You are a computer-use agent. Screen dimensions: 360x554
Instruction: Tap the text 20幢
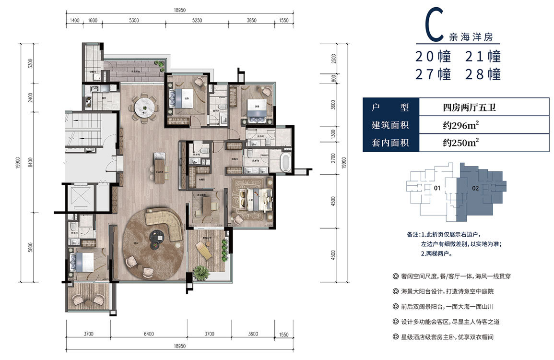[434, 57]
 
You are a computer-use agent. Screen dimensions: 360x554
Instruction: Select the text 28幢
[483, 74]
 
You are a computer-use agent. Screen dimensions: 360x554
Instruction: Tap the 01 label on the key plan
[437, 189]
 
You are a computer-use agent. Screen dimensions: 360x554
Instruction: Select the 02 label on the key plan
[475, 189]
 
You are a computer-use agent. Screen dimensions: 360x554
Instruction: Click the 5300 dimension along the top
[134, 20]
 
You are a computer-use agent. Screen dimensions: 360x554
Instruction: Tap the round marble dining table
[145, 108]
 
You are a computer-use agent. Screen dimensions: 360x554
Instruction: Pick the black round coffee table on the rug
[156, 236]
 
